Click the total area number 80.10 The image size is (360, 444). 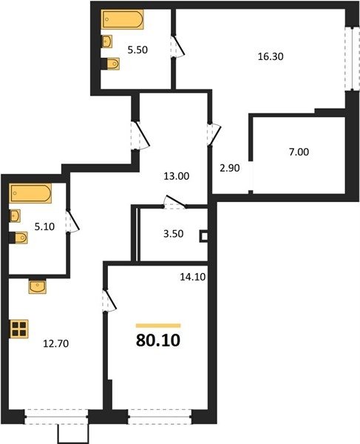point(158,340)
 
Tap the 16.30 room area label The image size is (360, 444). point(271,57)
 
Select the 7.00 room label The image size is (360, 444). point(299,152)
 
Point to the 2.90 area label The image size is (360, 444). point(230,168)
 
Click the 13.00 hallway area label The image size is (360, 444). point(177,176)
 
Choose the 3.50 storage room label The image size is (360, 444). point(174,234)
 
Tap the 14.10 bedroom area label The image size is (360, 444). point(193,277)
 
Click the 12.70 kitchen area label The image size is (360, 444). point(55,344)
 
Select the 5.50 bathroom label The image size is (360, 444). point(137,50)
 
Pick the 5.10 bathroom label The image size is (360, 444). point(44,226)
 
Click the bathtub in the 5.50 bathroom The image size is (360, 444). point(123,19)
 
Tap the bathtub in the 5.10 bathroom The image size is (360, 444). point(30,193)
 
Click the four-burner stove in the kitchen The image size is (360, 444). point(19,329)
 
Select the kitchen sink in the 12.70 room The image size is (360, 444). point(37,286)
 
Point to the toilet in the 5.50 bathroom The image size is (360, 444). point(111,64)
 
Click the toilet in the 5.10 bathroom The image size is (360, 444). point(18,238)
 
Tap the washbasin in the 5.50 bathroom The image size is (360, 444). point(106,41)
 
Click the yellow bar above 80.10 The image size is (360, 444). point(158,326)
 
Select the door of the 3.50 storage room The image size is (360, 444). point(174,201)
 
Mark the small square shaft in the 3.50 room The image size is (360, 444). point(203,237)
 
